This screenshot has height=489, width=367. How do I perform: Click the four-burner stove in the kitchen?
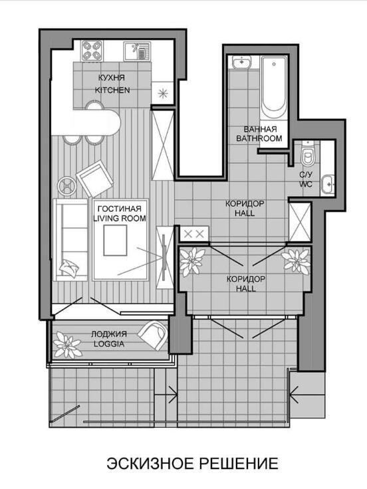[x=92, y=50]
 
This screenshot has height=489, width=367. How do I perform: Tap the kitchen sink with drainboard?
[x=137, y=51]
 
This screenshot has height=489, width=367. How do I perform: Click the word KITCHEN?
[x=112, y=90]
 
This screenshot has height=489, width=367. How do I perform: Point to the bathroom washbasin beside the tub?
[x=242, y=62]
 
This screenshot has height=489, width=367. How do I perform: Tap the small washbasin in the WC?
[x=328, y=184]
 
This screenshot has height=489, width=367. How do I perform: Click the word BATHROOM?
[x=259, y=138]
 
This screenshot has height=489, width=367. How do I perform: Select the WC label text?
[x=306, y=184]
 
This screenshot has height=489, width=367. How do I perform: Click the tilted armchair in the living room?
[x=94, y=179]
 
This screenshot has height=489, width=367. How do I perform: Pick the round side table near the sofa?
[x=66, y=186]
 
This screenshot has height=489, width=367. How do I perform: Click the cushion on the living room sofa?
[x=69, y=268]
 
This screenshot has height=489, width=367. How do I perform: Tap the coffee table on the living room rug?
[x=115, y=241]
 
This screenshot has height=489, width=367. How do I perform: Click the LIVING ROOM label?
[x=120, y=218]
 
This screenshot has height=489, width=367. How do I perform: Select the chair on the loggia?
[x=153, y=336]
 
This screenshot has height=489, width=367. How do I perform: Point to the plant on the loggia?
[x=67, y=345]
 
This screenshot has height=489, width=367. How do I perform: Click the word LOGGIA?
[x=109, y=344]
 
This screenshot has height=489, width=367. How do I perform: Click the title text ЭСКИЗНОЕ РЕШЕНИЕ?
[x=192, y=464]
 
